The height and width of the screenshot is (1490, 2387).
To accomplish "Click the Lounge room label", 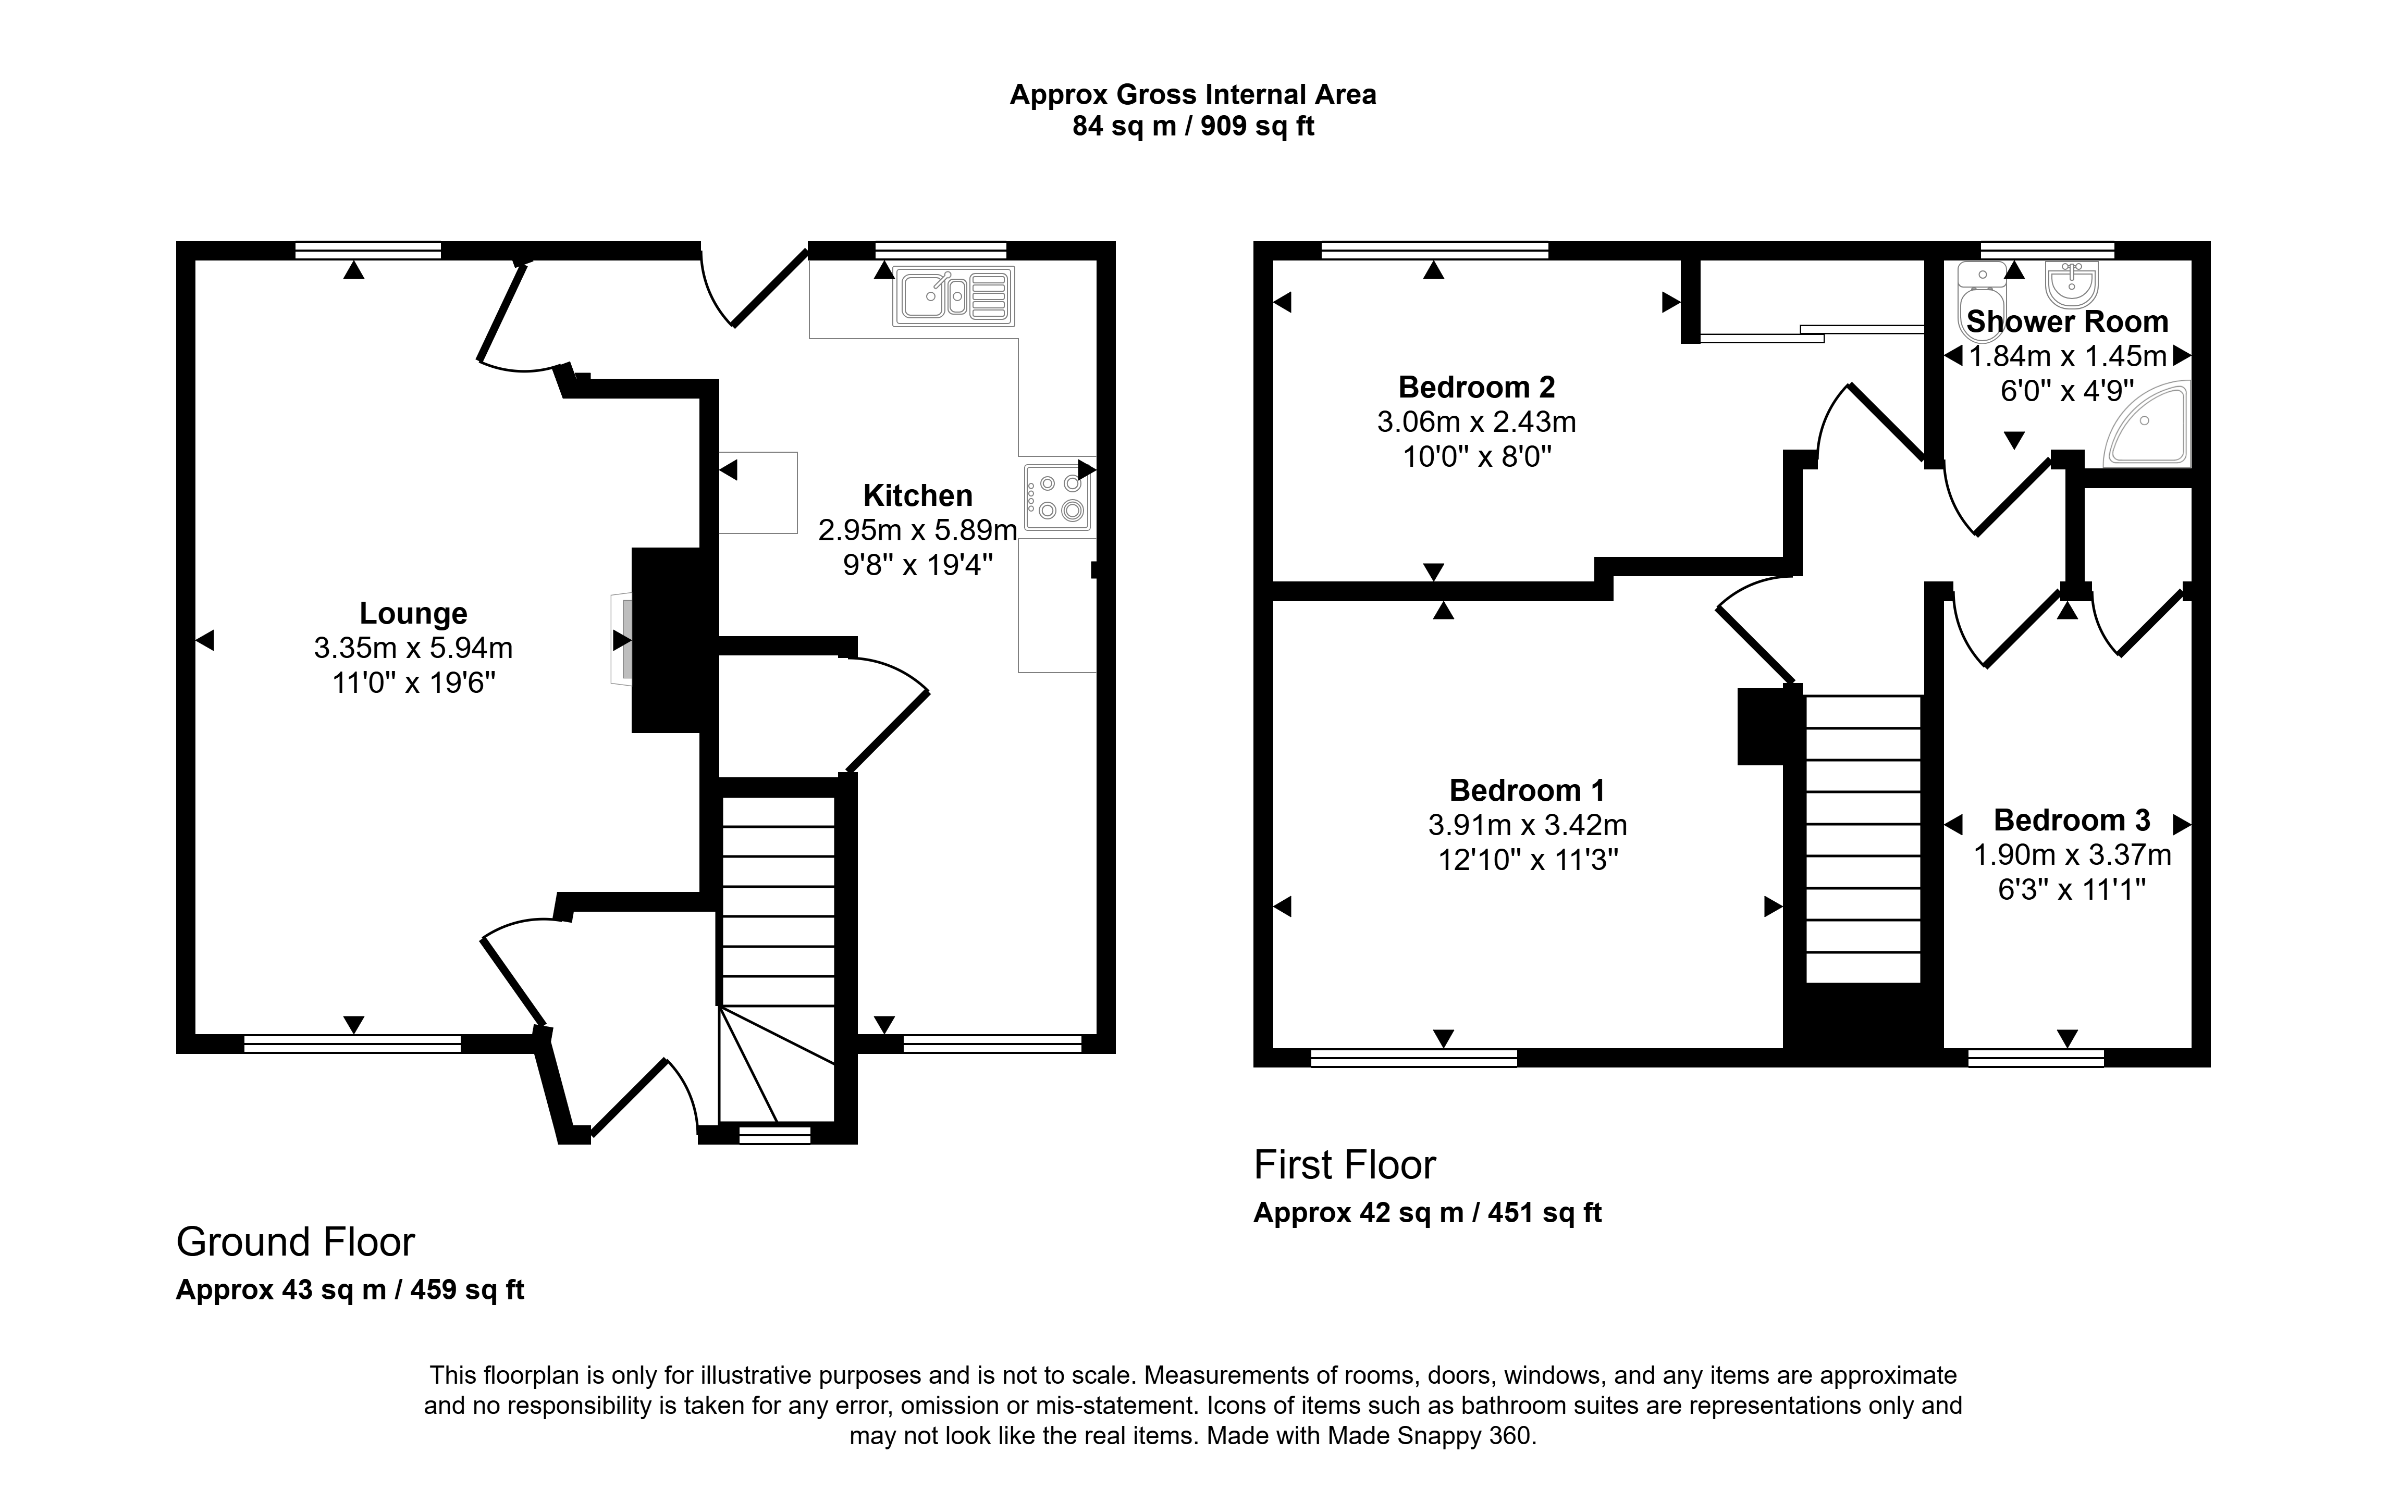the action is [413, 613].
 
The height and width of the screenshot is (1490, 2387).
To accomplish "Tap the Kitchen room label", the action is [918, 495].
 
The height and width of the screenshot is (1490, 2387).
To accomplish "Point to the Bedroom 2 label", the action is [1477, 386].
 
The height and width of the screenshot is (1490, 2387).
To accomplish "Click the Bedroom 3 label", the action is [2072, 820].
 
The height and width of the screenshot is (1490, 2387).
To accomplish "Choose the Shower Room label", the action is [2066, 321].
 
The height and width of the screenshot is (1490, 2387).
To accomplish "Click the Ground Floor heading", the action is [296, 1243].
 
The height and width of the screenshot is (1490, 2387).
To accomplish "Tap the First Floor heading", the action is [1344, 1165].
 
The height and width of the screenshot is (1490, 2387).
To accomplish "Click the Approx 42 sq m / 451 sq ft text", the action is [1427, 1213].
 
